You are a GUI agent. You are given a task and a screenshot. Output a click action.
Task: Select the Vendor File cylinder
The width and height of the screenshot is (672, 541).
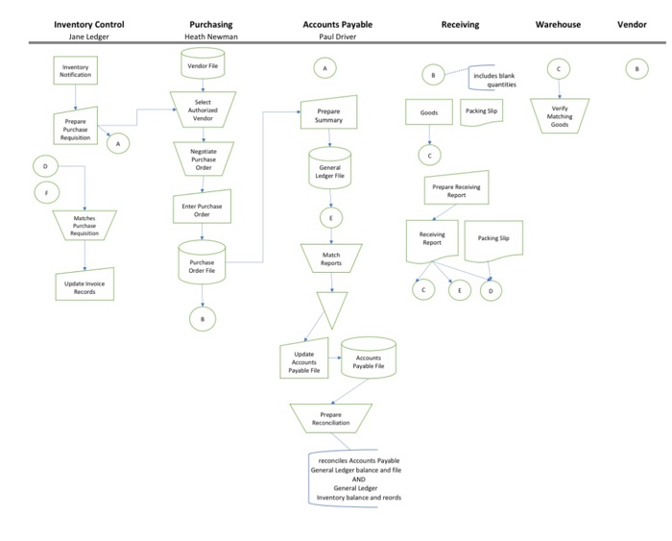[x=203, y=65]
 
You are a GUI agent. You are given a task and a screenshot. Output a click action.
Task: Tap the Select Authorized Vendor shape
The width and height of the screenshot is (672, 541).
[x=203, y=110]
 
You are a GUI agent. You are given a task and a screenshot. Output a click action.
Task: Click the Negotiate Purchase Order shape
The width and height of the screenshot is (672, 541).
[x=203, y=159]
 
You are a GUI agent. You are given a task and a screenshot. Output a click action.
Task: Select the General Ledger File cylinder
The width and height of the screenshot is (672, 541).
[x=330, y=171]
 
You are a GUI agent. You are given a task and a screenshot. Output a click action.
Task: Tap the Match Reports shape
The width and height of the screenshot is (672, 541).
[x=330, y=258]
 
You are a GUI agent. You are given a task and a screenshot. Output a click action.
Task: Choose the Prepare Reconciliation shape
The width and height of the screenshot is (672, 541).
[x=330, y=419]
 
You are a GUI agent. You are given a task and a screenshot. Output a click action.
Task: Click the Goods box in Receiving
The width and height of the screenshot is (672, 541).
[x=429, y=113]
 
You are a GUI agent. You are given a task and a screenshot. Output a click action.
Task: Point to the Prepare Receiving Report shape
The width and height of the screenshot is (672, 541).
[x=456, y=190]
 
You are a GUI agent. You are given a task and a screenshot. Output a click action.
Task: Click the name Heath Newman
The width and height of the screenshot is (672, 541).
[x=209, y=37]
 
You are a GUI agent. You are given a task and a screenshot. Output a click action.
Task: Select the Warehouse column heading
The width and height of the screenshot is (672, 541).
[x=558, y=24]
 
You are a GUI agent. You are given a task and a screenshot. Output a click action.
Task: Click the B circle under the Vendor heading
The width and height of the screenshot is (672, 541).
[x=633, y=69]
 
